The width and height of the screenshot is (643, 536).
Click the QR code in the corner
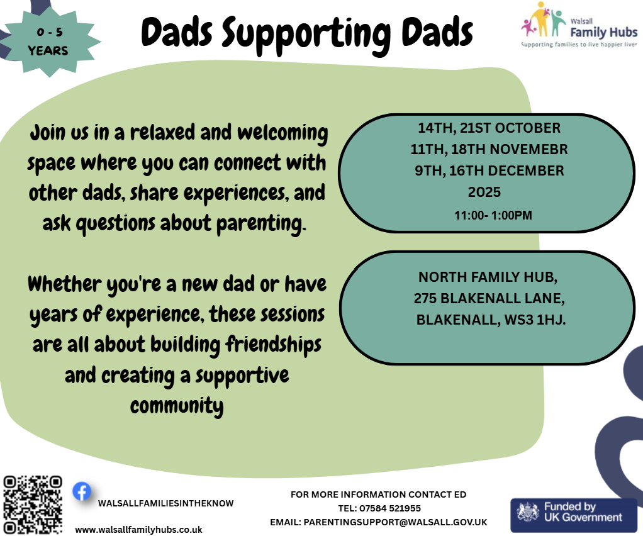(x=33, y=505)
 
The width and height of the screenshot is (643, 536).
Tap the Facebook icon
(x=82, y=491)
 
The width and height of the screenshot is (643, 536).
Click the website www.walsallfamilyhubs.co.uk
(x=138, y=530)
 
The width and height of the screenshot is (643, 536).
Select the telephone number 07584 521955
(x=390, y=508)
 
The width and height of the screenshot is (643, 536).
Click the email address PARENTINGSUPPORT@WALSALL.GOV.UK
(x=395, y=522)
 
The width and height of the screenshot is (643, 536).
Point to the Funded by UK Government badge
(x=574, y=515)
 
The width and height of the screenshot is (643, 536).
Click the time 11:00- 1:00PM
(x=493, y=215)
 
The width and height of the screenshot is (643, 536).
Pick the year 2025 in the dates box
(x=484, y=192)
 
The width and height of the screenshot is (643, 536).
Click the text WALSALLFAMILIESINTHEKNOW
(x=165, y=503)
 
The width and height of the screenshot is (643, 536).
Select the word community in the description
(x=177, y=405)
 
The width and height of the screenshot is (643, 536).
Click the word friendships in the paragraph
(x=274, y=344)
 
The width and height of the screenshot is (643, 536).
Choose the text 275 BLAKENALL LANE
(x=489, y=298)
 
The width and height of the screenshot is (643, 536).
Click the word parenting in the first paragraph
(x=261, y=223)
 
